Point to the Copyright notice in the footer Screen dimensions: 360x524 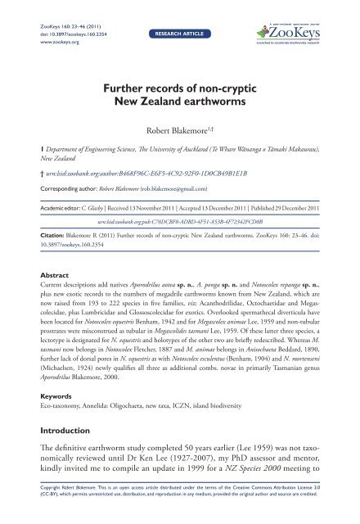[179, 507]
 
